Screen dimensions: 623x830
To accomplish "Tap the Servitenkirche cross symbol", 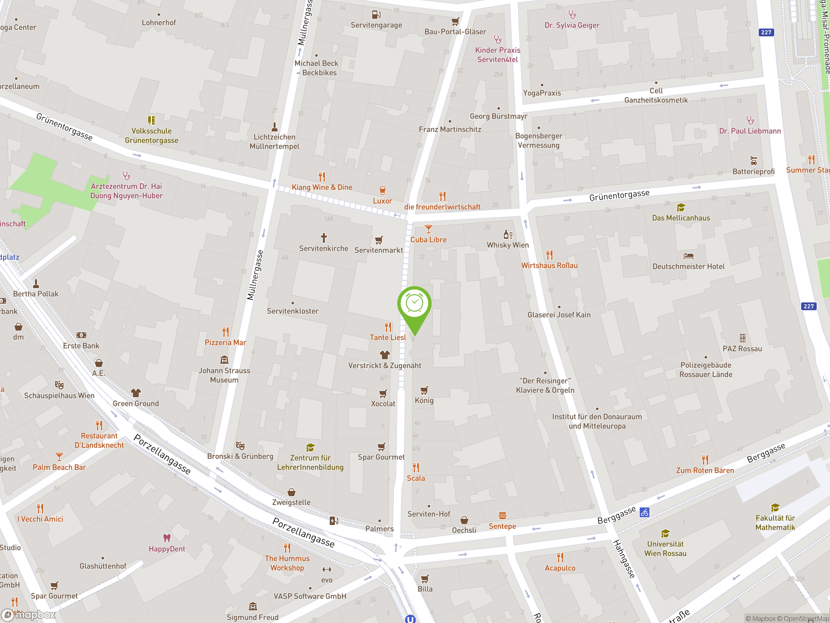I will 324,237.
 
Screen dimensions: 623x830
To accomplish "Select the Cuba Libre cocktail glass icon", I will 428,229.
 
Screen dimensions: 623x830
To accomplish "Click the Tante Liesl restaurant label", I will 388,337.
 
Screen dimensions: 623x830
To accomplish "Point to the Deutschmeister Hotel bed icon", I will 689,256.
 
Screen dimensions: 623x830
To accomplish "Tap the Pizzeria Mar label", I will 225,342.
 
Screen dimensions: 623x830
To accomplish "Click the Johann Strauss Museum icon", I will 224,360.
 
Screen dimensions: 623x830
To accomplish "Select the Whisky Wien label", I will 507,245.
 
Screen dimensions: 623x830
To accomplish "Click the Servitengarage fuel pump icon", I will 376,15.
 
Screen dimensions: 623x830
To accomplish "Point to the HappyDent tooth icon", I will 167,538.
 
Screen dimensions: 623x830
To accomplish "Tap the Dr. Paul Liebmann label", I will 750,131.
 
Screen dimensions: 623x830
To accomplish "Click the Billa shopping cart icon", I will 425,579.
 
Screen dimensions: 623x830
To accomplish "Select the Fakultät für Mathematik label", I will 775,522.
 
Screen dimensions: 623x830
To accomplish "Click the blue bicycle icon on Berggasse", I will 645,512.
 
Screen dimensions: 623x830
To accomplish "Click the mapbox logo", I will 29,614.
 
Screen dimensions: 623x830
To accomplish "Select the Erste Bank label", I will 81,346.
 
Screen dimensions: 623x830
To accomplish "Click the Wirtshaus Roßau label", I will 549,265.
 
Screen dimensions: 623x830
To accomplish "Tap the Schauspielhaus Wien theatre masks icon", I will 59,385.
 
